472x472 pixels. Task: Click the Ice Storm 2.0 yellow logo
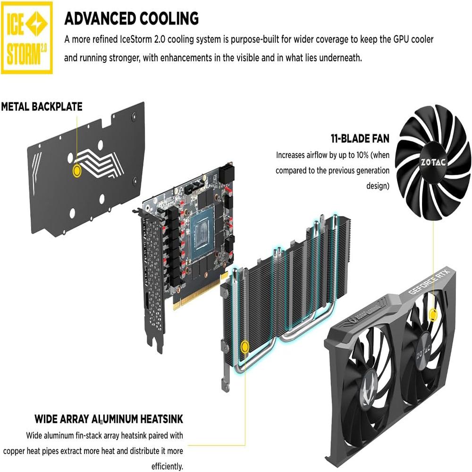point(27,38)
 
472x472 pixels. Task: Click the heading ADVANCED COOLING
point(132,18)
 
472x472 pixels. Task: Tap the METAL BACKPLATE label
point(42,107)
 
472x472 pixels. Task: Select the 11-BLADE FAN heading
point(360,138)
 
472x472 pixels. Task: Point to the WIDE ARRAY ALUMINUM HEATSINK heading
point(109,419)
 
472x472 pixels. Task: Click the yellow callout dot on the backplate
point(77,171)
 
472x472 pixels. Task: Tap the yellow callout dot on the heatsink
point(244,347)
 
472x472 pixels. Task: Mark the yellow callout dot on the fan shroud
point(433,314)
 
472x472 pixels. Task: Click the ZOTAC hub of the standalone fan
point(433,162)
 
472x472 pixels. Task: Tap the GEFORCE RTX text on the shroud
point(429,281)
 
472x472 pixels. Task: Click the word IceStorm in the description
point(136,40)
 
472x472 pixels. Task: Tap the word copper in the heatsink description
point(14,452)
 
